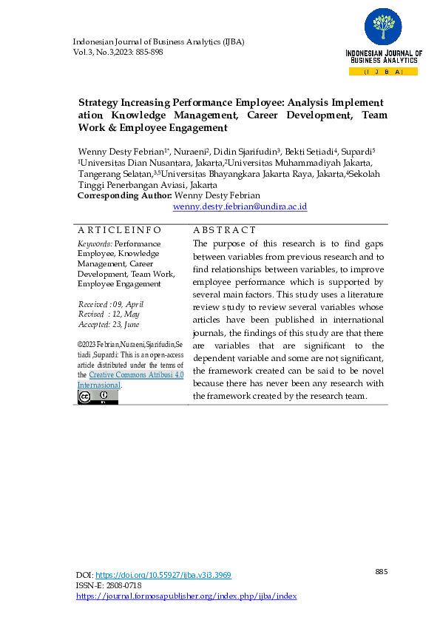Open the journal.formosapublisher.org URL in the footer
tap(186, 596)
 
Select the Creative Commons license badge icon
tap(98, 397)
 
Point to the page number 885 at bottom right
tap(382, 572)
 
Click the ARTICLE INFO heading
tap(119, 230)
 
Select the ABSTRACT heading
tap(224, 230)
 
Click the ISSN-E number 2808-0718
tap(123, 585)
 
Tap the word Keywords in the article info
tap(95, 243)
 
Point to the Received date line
tap(111, 304)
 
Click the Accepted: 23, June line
tap(109, 324)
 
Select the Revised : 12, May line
tap(109, 314)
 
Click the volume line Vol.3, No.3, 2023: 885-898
tap(118, 53)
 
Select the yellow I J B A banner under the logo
tap(383, 72)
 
